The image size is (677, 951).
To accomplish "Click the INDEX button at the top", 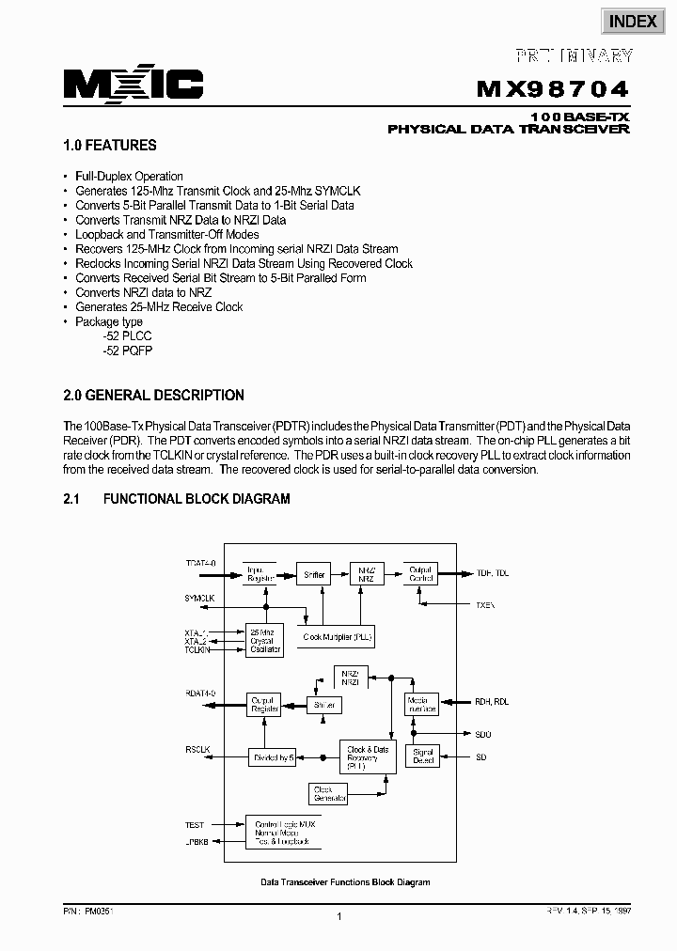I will [x=632, y=22].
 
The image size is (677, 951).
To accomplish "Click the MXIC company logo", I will [x=134, y=85].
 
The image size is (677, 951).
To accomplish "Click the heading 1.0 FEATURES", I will [x=110, y=146].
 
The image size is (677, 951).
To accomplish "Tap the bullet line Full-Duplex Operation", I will [x=129, y=176].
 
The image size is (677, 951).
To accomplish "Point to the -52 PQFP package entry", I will [x=128, y=351].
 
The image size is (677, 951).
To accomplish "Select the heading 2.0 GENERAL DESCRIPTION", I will [x=153, y=396].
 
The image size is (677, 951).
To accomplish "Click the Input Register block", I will [x=260, y=574].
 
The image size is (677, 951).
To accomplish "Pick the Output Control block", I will [x=418, y=574].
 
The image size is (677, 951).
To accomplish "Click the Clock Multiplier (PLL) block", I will [x=338, y=637].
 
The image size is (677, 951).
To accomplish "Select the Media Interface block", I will [x=422, y=705].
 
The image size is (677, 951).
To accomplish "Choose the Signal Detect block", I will [x=423, y=755].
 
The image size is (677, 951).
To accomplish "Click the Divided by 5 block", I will [x=273, y=756].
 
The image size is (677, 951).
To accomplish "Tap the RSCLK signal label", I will [x=198, y=749].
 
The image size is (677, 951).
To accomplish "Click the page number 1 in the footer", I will [x=338, y=917].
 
